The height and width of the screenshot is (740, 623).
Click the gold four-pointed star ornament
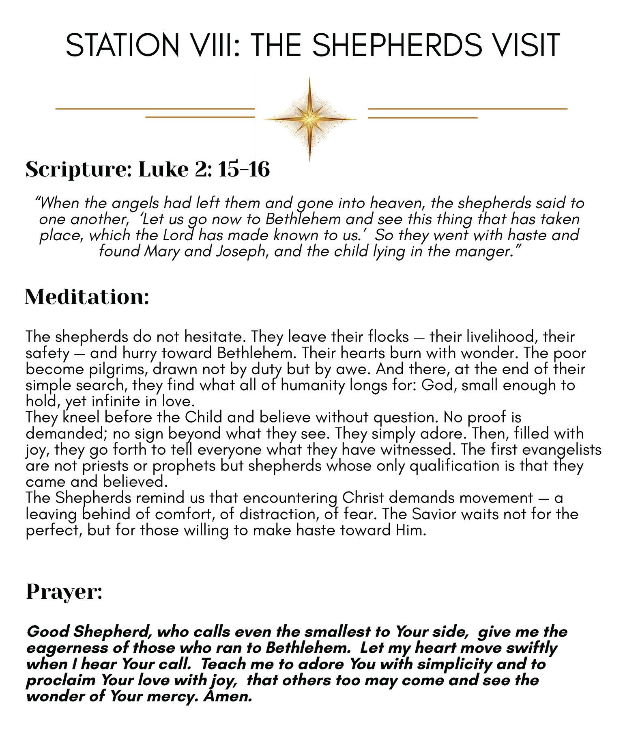[x=310, y=119]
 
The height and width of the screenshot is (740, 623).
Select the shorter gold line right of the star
[x=423, y=118]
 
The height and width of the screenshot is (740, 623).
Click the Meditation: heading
[x=87, y=297]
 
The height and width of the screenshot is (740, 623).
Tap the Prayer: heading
[x=64, y=591]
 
